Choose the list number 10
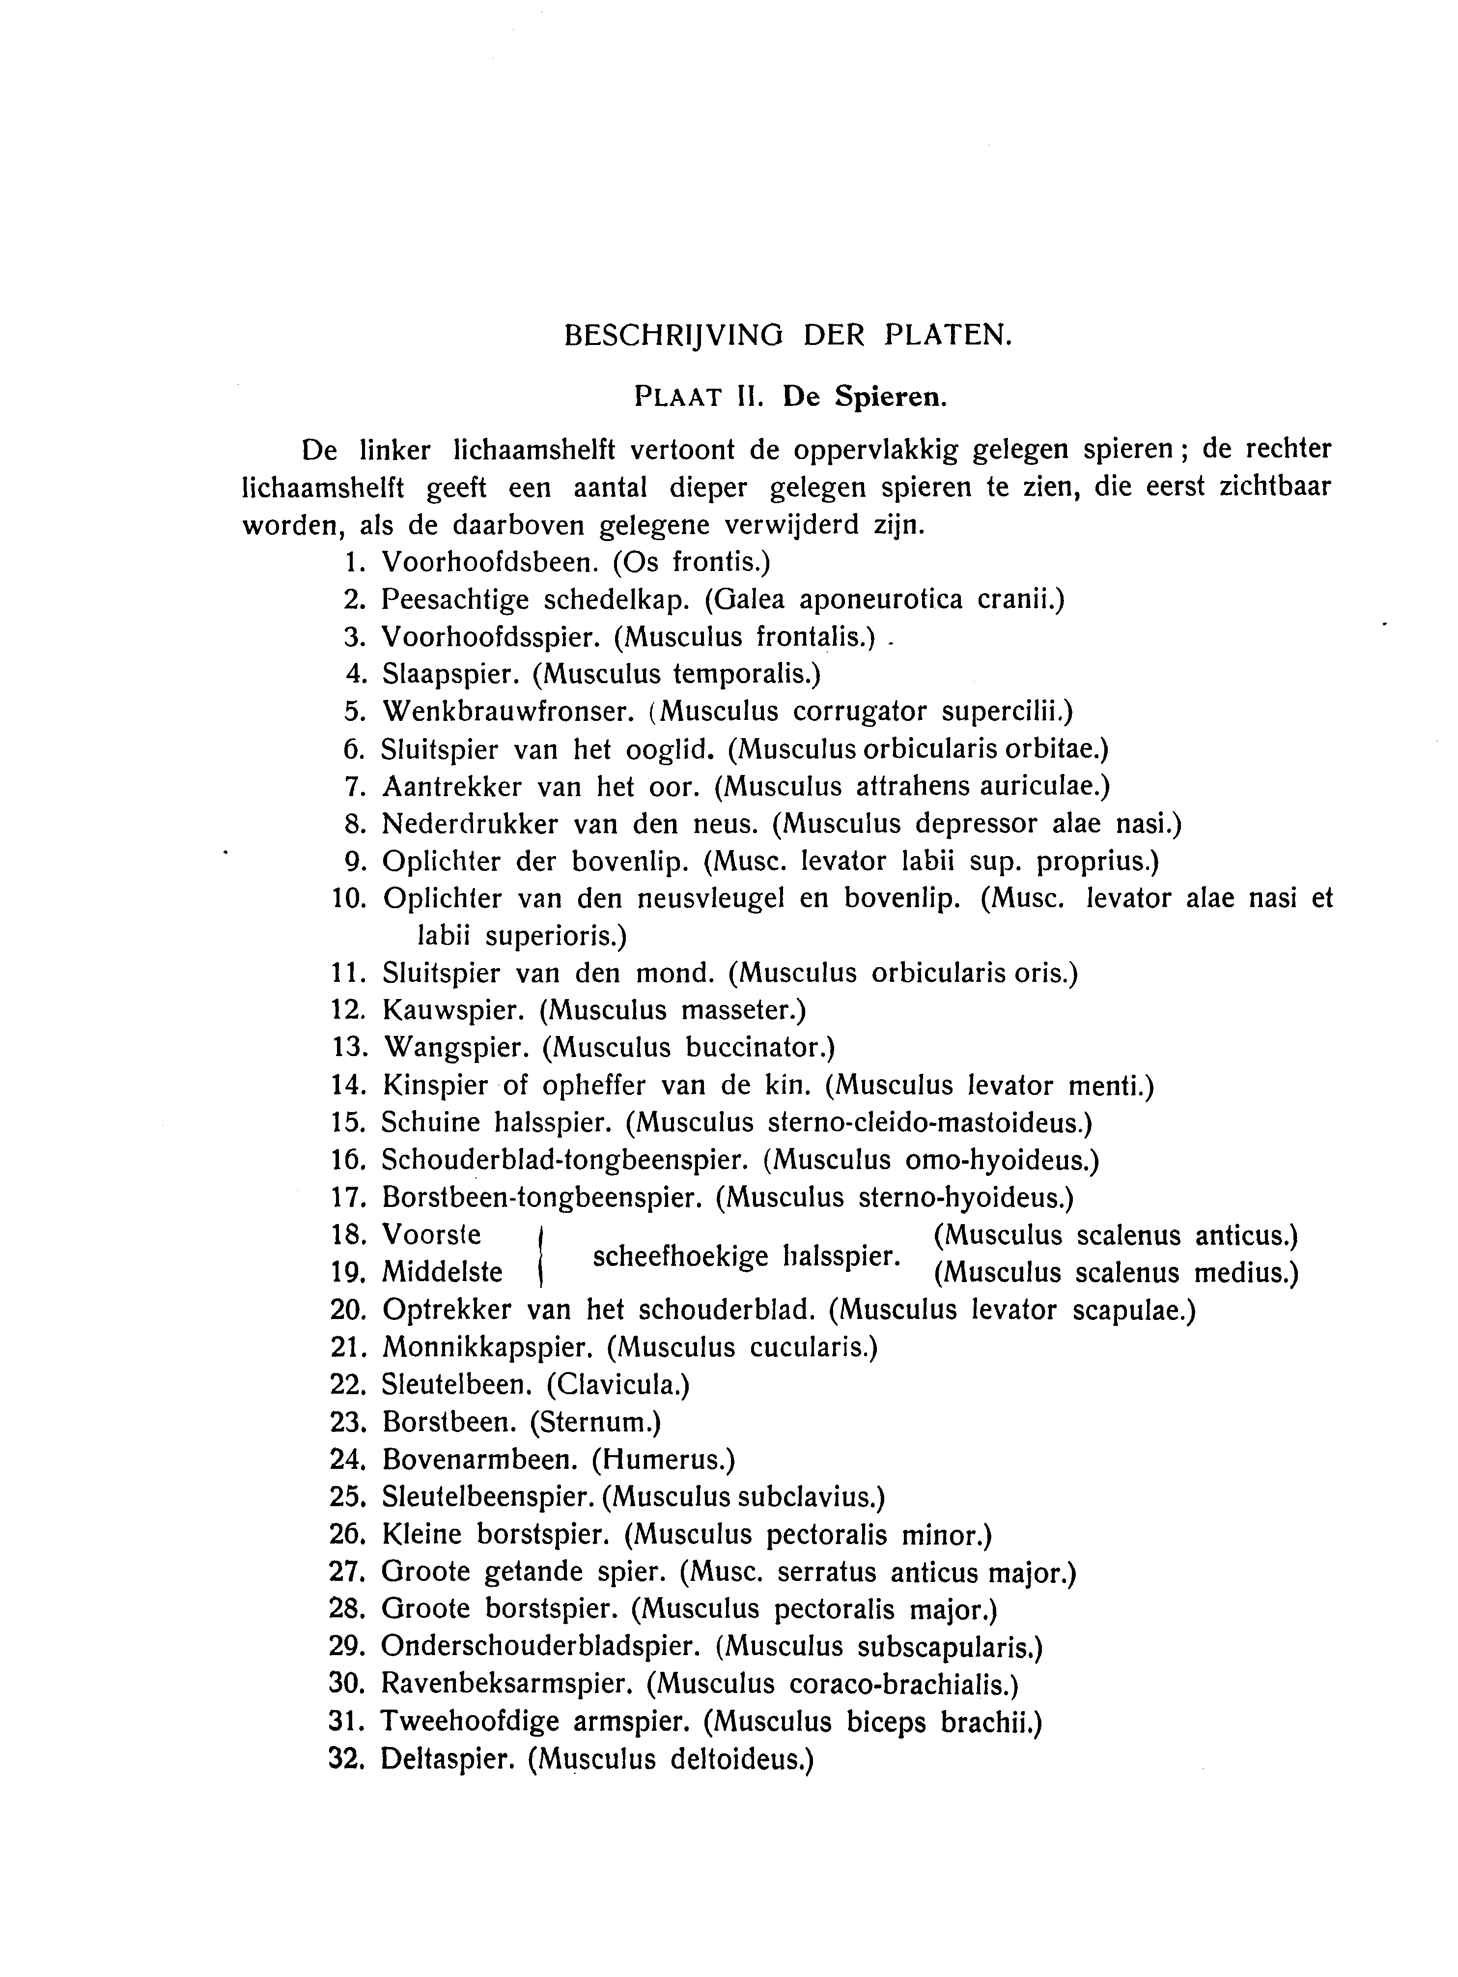point(349,899)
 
